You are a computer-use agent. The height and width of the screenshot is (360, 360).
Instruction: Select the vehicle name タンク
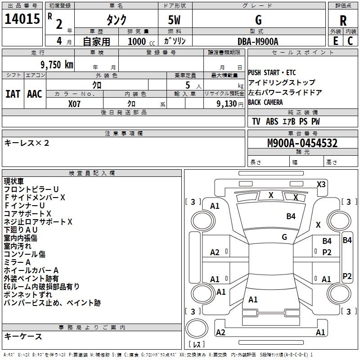point(116,20)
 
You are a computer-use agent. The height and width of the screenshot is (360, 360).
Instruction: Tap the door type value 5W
point(175,20)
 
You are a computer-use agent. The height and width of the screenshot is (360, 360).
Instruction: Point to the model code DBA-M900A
point(258,41)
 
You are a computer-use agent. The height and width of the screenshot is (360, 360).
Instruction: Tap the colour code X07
point(75,103)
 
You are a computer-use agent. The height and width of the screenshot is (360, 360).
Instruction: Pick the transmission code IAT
point(13,94)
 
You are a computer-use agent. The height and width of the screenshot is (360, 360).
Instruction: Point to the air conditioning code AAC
point(34,94)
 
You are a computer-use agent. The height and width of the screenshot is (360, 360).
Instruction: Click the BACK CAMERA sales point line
point(265,103)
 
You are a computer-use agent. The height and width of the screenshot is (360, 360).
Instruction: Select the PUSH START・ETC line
point(272,73)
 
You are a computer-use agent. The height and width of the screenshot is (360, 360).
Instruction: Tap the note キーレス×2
point(27,143)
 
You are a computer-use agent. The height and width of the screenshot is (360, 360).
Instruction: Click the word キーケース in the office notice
point(23,337)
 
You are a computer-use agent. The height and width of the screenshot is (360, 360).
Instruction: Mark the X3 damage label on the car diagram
point(321,184)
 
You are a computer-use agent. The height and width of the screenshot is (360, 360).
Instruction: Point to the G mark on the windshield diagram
point(284,237)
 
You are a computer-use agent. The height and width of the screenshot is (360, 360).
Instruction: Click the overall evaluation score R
point(343,21)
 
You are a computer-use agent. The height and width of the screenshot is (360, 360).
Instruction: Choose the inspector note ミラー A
point(17,262)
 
